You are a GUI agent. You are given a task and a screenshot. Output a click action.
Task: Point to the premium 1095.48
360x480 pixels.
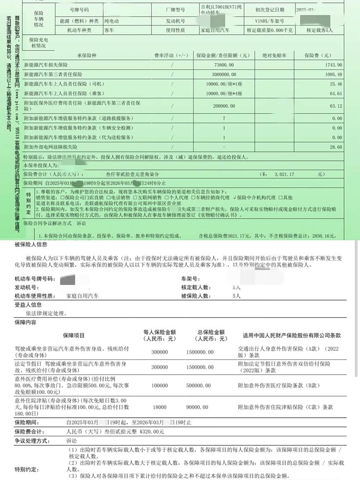coord(334,74)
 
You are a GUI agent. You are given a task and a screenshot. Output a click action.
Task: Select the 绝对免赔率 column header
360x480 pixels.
coord(274,56)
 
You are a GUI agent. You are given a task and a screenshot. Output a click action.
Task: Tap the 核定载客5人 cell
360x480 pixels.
coord(320,30)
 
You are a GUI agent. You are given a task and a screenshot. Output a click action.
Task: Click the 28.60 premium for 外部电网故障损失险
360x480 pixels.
coord(336,147)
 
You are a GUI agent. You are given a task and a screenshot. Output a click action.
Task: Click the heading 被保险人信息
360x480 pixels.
coord(31,244)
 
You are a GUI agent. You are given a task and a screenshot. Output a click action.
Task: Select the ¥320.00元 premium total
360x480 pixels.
coord(152,432)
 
